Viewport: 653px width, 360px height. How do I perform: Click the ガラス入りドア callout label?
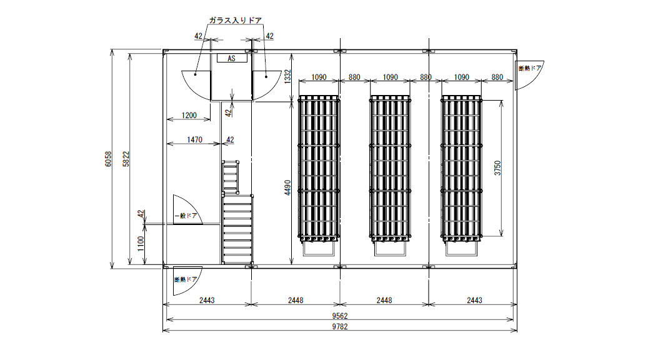pos(236,20)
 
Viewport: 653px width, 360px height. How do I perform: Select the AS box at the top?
pos(232,58)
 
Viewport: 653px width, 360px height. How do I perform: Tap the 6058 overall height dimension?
pos(108,159)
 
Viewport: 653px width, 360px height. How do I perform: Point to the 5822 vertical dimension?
pos(126,159)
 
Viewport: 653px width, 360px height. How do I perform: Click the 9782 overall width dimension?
pos(340,327)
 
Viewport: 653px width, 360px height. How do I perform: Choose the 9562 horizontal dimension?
pos(340,316)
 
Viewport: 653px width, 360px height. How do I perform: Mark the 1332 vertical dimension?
pos(287,77)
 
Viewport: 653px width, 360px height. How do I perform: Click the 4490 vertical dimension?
pos(287,188)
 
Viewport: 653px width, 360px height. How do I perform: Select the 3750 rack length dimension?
pos(497,168)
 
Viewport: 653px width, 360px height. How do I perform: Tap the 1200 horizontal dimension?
pos(189,115)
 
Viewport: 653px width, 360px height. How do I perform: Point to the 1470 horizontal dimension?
pos(194,139)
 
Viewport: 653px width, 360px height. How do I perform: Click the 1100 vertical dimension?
pos(141,244)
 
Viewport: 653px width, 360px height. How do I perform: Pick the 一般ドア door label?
pos(186,216)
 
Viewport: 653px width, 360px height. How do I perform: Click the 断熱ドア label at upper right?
pos(530,68)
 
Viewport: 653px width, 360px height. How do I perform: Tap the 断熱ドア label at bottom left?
pos(186,279)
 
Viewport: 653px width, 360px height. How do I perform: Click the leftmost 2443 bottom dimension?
pos(207,300)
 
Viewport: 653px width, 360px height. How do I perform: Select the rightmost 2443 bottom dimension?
pos(474,300)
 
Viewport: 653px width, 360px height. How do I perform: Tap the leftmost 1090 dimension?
pos(319,77)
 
